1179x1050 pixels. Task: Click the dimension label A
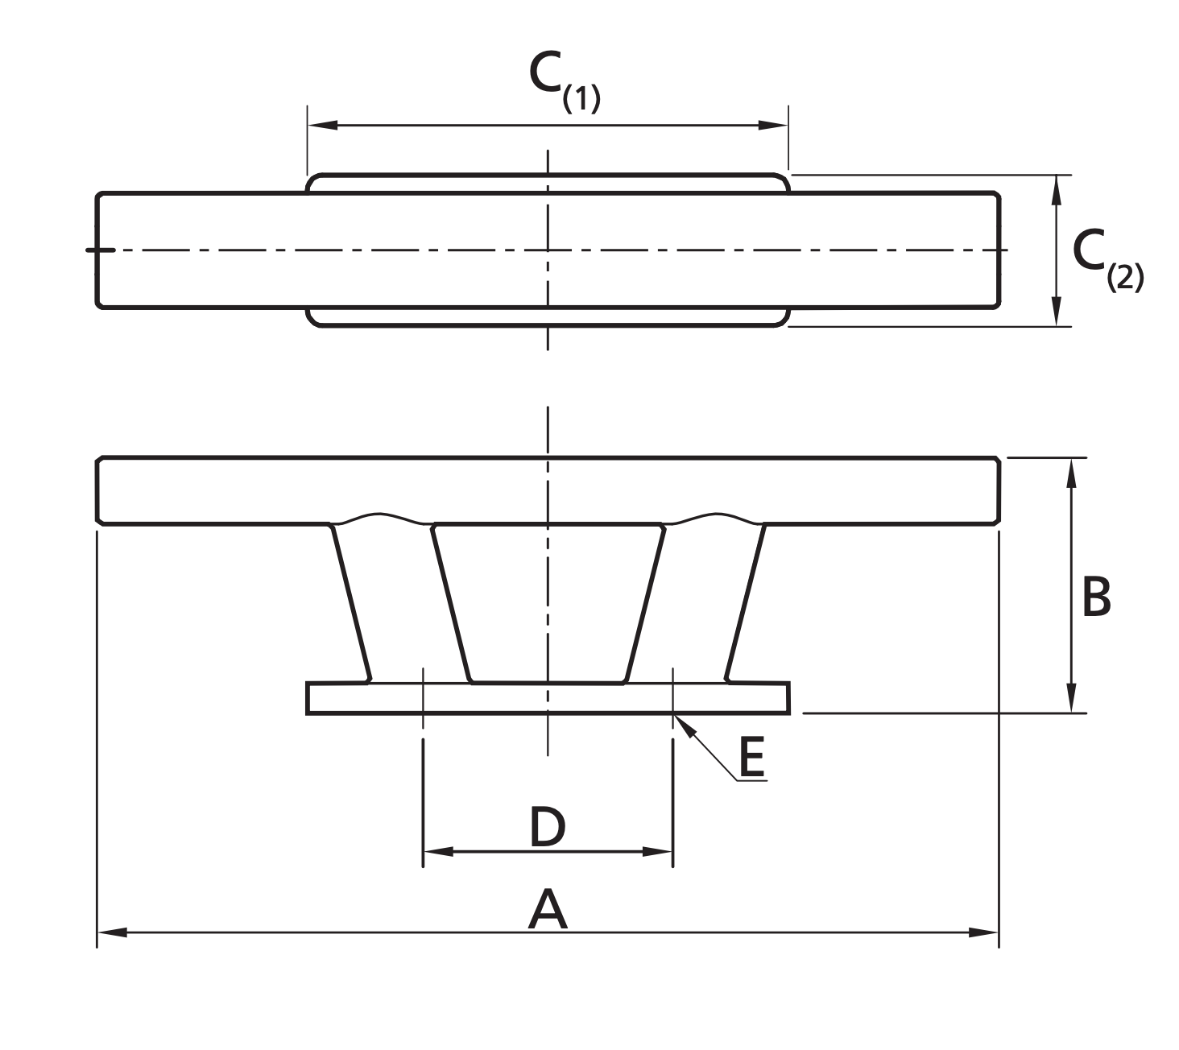[x=548, y=909]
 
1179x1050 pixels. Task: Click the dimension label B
[x=1096, y=597]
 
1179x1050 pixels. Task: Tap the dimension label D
[x=548, y=827]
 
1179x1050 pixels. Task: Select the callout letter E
[x=751, y=758]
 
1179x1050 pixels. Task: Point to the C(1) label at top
[x=564, y=81]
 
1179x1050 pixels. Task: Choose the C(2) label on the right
[x=1106, y=259]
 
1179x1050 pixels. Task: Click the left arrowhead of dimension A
[x=112, y=932]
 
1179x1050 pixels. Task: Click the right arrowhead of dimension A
[x=983, y=932]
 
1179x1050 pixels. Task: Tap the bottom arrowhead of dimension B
[x=1070, y=697]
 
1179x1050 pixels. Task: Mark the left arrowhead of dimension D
[x=438, y=851]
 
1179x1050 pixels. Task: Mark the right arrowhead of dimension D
[x=657, y=851]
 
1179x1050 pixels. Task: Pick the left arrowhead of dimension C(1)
[x=322, y=125]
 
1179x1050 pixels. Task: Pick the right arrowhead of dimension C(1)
[x=773, y=125]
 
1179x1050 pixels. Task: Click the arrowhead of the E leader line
[x=681, y=721]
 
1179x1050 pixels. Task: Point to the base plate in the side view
[x=548, y=698]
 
